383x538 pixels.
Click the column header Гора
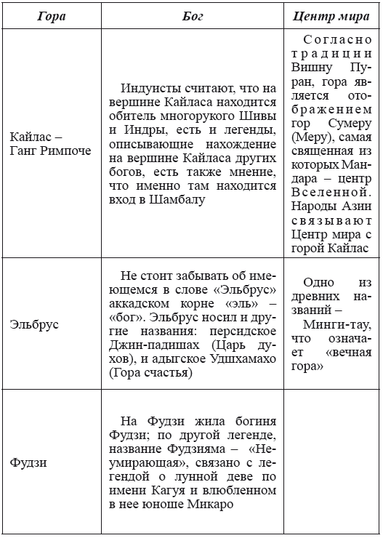pyautogui.click(x=51, y=15)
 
